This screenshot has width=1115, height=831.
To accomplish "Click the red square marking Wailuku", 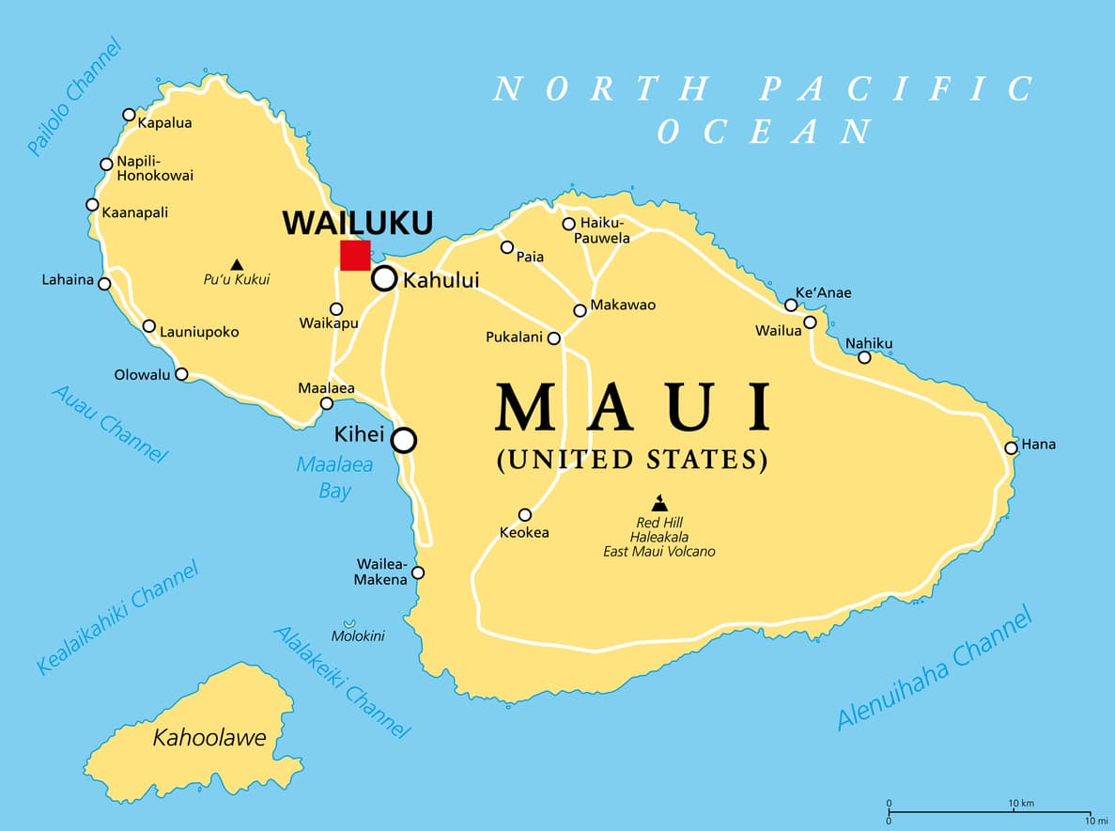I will pos(355,255).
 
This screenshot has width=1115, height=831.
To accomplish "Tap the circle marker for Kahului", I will pos(384,278).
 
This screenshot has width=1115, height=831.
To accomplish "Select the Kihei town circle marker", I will pos(404,439).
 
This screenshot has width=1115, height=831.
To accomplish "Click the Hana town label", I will pos(1038,444).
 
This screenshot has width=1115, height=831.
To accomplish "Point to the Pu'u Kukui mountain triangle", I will pos(237,264).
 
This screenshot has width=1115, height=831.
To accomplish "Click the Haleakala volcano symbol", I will pos(658,504).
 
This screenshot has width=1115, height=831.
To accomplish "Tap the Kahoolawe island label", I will pos(209,738).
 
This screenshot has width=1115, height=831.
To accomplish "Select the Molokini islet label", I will pos(357,636).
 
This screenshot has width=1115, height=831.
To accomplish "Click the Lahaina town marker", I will pos(105,284).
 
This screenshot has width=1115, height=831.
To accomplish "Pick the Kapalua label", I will pos(164,122).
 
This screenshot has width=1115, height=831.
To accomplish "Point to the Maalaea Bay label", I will pos(335,478).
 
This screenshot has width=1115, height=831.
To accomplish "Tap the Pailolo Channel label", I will pos(75,96).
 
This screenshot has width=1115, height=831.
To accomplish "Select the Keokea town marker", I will pos(525,514).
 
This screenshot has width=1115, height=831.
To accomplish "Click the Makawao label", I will pos(623,305).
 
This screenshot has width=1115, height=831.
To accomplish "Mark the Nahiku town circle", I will pos(864,357).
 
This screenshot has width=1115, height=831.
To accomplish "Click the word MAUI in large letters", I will pos(635,408).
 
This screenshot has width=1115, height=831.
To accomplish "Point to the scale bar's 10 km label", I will pos(1021,804).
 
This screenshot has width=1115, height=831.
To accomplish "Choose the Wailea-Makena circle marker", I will pos(418,572).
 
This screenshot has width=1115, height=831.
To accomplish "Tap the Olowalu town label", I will pos(143,374).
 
